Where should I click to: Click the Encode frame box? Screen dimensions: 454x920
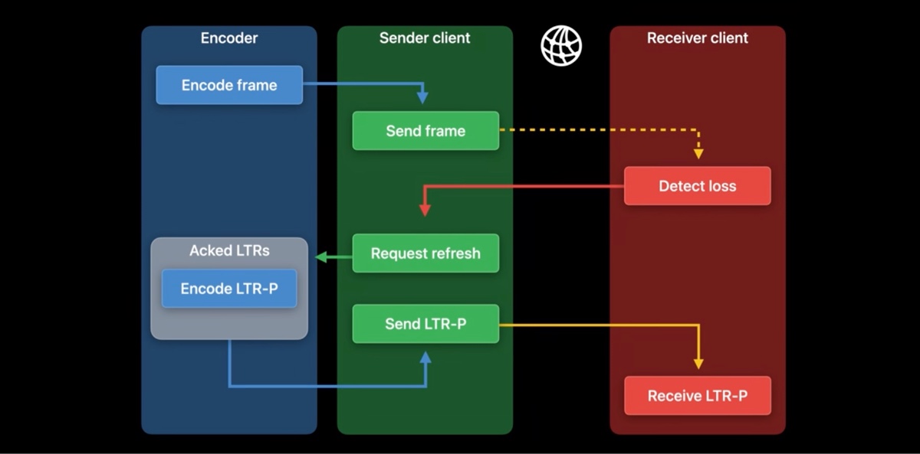[229, 85]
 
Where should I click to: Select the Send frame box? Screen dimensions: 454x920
[426, 131]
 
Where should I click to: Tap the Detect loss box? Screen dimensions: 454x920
[697, 186]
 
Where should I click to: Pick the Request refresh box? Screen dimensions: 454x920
[426, 253]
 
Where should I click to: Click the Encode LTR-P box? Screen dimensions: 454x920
[228, 289]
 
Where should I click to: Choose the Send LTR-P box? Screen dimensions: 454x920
[426, 324]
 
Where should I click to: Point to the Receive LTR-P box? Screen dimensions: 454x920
[697, 396]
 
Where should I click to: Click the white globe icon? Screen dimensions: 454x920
[561, 46]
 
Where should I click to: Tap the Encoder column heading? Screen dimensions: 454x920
[229, 38]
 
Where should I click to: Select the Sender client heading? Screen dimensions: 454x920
[425, 38]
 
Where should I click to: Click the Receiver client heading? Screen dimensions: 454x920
[697, 38]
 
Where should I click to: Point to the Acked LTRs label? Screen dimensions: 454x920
[229, 250]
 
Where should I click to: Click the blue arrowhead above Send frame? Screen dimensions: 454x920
[422, 97]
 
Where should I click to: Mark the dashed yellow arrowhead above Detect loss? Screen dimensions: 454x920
[698, 153]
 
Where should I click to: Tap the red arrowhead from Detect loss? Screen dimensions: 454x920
[424, 209]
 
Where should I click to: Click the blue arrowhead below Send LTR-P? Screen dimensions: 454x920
[426, 358]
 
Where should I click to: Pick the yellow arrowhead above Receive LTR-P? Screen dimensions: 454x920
[698, 363]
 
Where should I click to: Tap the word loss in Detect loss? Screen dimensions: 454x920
[721, 186]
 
